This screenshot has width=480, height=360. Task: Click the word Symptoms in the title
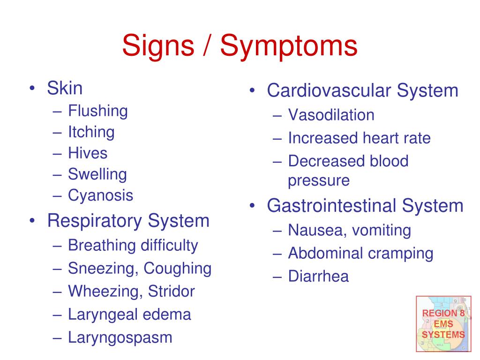tap(289, 47)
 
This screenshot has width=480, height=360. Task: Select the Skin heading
tap(65, 89)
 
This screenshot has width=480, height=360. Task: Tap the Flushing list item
tap(98, 111)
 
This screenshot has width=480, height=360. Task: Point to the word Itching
tap(91, 132)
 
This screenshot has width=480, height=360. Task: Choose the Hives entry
tap(88, 153)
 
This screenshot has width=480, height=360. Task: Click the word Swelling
tap(97, 174)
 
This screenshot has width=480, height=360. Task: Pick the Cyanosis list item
tap(101, 195)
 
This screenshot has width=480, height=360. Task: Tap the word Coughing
tap(178, 269)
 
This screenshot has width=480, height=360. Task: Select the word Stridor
tap(172, 292)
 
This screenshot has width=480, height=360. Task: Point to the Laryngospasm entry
tap(120, 337)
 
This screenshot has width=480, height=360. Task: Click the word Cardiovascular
tap(329, 90)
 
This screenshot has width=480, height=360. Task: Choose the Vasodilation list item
tap(331, 115)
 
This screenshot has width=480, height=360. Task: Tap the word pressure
tap(319, 180)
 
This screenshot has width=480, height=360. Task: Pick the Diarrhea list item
tap(318, 277)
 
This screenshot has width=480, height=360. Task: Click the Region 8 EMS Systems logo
tap(443, 323)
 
